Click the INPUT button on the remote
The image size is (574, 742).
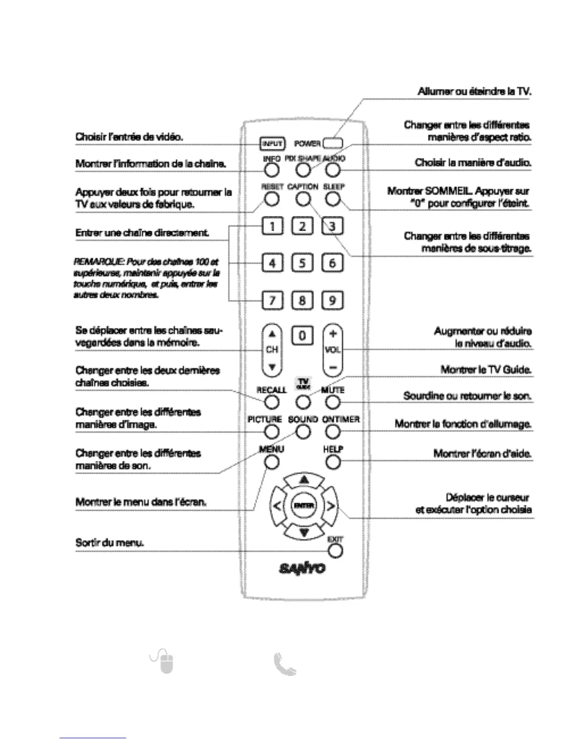point(272,143)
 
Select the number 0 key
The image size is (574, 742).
point(302,336)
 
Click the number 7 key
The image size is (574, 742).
point(272,300)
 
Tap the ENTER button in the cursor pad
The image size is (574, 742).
point(303,505)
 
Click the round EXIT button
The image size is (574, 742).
point(335,551)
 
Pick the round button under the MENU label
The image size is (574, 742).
point(272,462)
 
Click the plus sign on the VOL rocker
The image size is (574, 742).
point(332,334)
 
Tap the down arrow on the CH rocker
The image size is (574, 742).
point(272,367)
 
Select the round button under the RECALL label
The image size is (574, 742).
point(272,402)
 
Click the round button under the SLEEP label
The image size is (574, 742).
point(332,199)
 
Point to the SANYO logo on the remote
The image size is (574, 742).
point(302,568)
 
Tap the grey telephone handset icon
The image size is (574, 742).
point(285,665)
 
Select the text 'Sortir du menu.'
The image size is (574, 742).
point(109,542)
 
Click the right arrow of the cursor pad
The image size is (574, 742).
point(331,506)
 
